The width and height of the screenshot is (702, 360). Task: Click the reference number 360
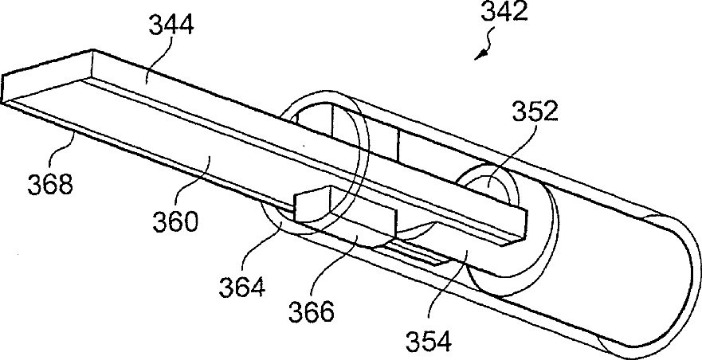click(x=177, y=221)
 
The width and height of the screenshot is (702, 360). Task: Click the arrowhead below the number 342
click(x=479, y=53)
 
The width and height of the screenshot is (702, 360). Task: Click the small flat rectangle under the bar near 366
click(x=414, y=255)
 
